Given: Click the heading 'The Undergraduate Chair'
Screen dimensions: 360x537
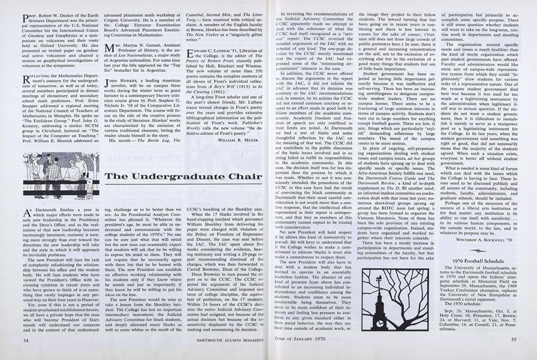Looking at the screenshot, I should pos(183,176).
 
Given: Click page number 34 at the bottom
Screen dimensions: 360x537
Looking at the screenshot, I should pos(25,339).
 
